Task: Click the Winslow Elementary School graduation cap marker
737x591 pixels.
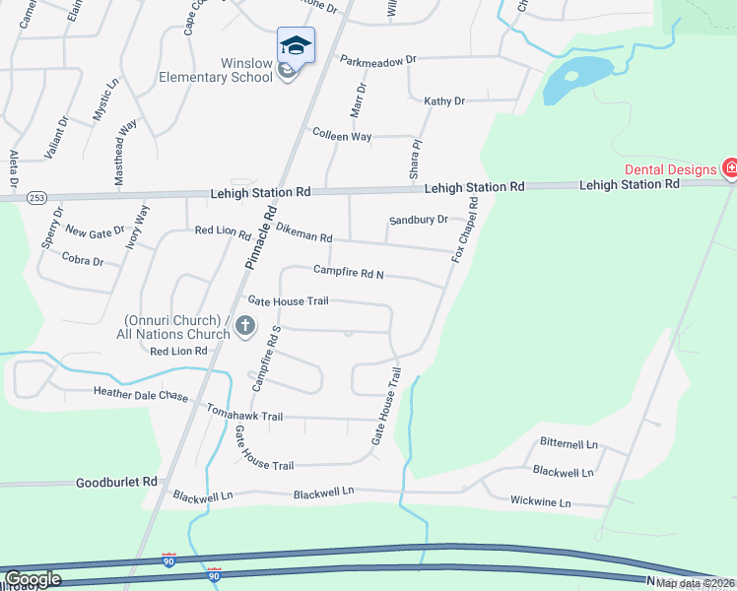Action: click(296, 45)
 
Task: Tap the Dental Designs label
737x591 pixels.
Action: click(669, 169)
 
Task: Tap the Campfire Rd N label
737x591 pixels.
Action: click(348, 270)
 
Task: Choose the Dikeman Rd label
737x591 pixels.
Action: click(304, 236)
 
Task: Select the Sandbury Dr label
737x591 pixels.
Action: click(419, 220)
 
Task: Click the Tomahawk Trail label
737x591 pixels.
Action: click(244, 417)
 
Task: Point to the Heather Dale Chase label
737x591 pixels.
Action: click(140, 394)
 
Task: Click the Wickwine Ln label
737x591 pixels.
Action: click(540, 502)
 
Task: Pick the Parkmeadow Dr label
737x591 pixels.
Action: click(378, 60)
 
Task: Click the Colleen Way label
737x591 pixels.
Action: click(342, 135)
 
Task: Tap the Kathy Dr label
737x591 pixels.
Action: click(444, 100)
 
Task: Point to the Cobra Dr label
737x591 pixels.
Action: click(83, 261)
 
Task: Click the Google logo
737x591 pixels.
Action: click(33, 579)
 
